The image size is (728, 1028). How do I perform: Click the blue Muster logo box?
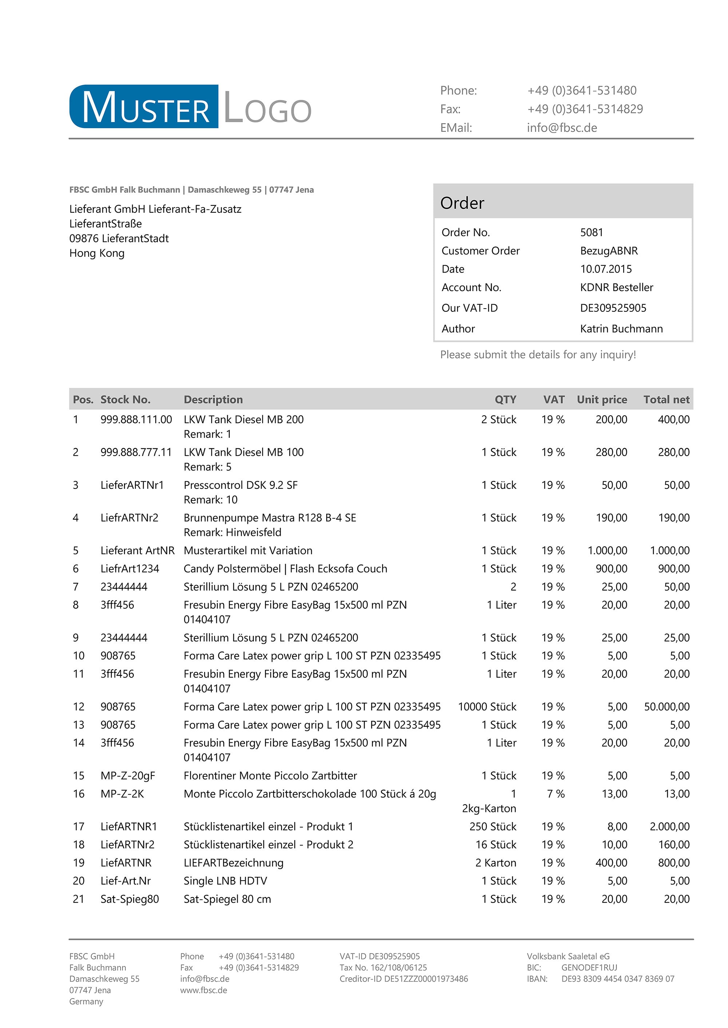click(x=144, y=107)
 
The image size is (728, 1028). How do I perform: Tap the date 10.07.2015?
click(x=606, y=269)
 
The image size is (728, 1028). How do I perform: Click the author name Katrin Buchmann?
click(x=621, y=329)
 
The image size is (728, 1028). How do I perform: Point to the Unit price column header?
click(x=602, y=400)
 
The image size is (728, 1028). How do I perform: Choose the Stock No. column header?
click(x=125, y=400)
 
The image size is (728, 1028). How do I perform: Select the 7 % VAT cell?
click(x=555, y=794)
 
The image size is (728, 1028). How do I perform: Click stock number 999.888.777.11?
click(x=136, y=452)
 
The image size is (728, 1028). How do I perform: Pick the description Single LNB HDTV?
click(x=225, y=881)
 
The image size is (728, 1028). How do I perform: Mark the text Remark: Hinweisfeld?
click(x=232, y=532)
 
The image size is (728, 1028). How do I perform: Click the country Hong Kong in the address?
click(x=97, y=254)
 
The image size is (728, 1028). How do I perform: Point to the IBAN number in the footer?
click(x=617, y=979)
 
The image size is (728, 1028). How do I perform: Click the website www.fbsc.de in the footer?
click(x=203, y=990)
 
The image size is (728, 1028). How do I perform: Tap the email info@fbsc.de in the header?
click(x=562, y=128)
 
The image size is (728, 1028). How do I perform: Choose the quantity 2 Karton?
click(x=495, y=863)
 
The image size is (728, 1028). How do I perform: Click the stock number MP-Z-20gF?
click(x=127, y=776)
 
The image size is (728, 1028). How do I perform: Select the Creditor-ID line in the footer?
click(x=403, y=979)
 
